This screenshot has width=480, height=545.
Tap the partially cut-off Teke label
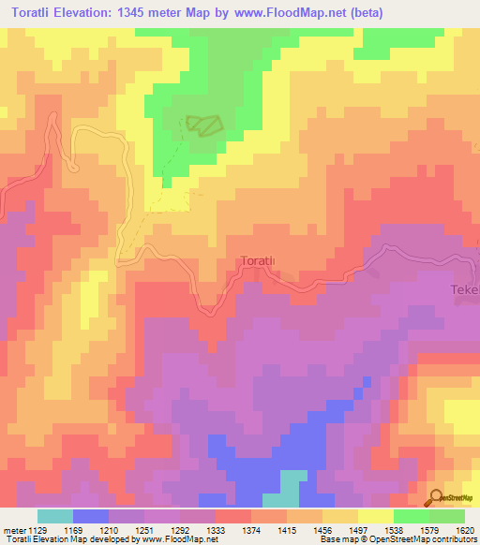pos(465,291)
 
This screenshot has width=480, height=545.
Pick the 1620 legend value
pos(464,531)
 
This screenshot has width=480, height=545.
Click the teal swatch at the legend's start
pos(55,516)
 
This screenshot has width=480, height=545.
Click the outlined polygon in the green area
pos(204,125)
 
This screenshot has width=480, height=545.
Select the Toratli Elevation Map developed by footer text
pos(70,540)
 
